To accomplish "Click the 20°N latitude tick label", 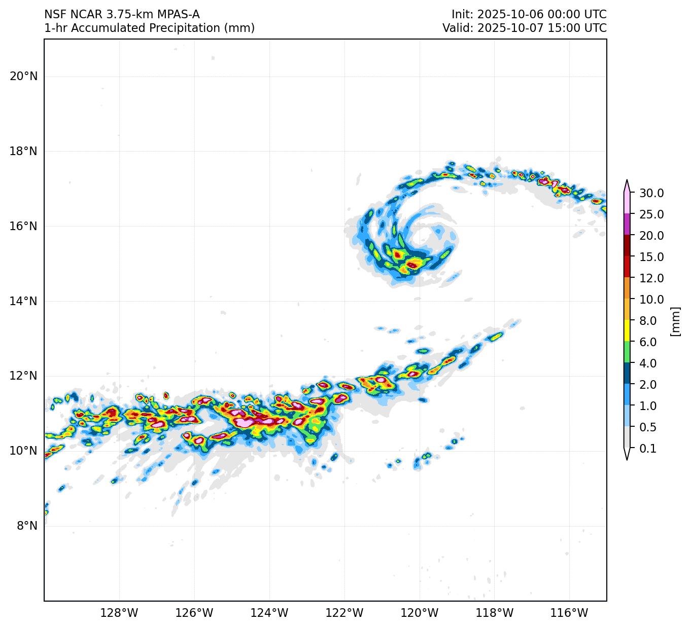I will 23,77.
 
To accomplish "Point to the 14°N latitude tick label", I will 23,302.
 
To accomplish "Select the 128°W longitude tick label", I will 119,613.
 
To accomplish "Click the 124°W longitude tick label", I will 269,613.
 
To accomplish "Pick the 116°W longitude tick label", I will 570,613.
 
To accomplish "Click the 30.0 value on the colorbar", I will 651,193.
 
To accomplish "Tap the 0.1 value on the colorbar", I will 648,449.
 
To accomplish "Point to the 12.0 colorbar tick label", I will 651,278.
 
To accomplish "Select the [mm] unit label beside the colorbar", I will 675,321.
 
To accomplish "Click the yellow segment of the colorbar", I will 627,331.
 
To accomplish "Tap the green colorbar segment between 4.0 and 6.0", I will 627,352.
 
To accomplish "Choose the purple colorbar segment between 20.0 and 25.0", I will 627,225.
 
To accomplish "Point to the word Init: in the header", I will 463,15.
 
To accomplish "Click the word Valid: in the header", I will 458,28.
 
